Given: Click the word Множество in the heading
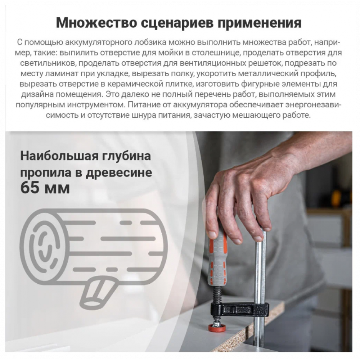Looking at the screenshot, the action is [96, 23].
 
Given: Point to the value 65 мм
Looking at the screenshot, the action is [45, 188].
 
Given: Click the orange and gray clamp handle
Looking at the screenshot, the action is [218, 257].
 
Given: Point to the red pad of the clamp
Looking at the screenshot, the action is [217, 328].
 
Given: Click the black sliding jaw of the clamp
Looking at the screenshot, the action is [239, 310].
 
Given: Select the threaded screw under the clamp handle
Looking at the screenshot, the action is [217, 295].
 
